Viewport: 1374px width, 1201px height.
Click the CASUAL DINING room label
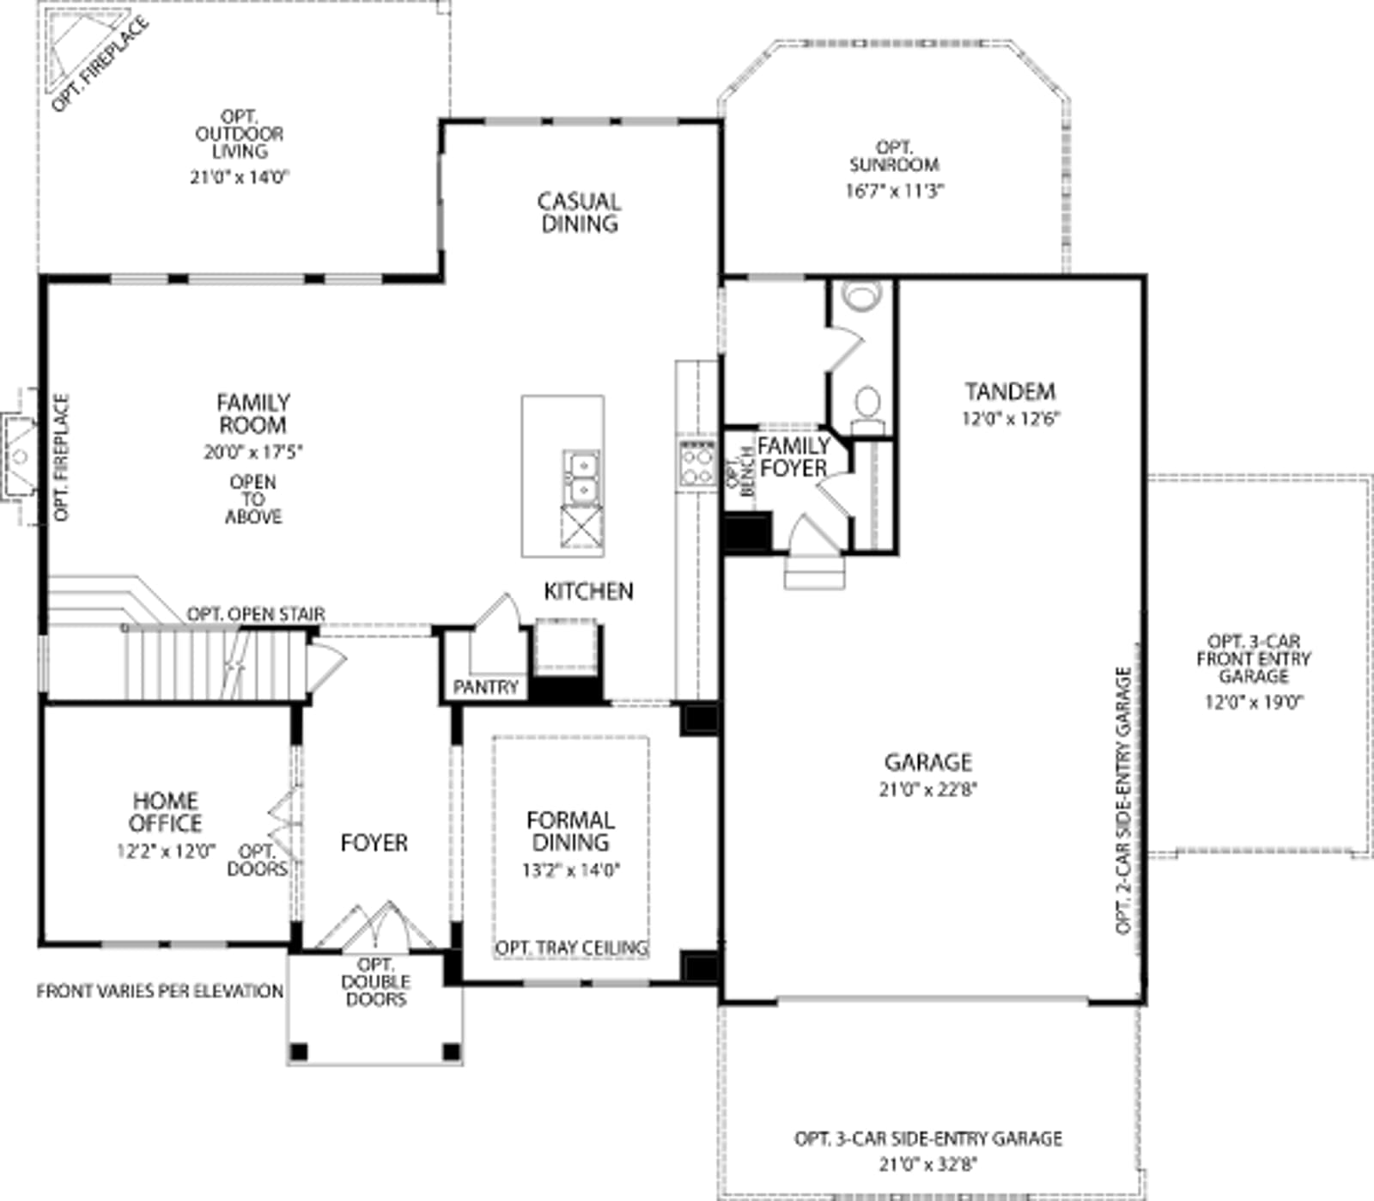pyautogui.click(x=579, y=212)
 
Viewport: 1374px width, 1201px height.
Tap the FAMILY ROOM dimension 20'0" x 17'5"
pyautogui.click(x=253, y=452)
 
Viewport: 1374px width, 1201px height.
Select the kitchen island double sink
pyautogui.click(x=581, y=478)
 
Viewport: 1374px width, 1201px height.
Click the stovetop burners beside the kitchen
pyautogui.click(x=696, y=464)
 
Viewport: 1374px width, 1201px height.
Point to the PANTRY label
pyautogui.click(x=486, y=687)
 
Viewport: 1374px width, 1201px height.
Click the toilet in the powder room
pyautogui.click(x=867, y=410)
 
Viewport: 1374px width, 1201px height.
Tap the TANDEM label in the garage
pyautogui.click(x=1010, y=392)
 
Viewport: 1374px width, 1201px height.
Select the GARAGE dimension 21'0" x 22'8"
pyautogui.click(x=928, y=789)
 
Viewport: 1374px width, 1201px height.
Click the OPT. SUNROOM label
pyautogui.click(x=894, y=156)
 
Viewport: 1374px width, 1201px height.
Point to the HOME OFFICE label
pyautogui.click(x=166, y=812)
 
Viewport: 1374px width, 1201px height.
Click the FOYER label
pyautogui.click(x=374, y=844)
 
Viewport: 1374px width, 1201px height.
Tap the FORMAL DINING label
pyautogui.click(x=570, y=831)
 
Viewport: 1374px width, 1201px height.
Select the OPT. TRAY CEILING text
pyautogui.click(x=571, y=948)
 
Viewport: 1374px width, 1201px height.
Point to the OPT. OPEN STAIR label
pyautogui.click(x=256, y=614)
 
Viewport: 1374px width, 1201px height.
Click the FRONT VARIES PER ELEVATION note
pyautogui.click(x=160, y=991)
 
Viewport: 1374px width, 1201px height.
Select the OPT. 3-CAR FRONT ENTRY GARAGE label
pyautogui.click(x=1254, y=659)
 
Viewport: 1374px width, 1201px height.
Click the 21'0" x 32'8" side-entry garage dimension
pyautogui.click(x=928, y=1165)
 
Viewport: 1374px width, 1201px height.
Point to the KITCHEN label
pyautogui.click(x=588, y=591)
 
